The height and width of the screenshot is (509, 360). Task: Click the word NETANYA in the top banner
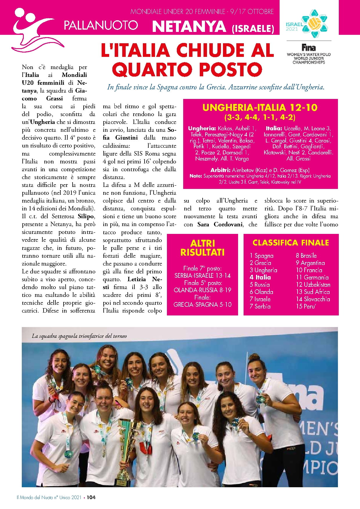tap(189, 27)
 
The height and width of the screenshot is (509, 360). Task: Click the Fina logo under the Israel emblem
tap(308, 47)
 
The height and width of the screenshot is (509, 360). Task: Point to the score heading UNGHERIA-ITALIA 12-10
tap(260, 108)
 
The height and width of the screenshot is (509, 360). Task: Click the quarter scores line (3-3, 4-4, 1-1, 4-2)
tap(260, 117)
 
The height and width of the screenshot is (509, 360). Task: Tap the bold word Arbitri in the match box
tap(220, 170)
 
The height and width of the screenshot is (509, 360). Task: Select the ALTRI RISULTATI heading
tap(202, 248)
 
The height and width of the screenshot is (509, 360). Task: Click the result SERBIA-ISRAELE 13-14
tap(202, 275)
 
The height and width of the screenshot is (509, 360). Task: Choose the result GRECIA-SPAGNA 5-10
tap(202, 304)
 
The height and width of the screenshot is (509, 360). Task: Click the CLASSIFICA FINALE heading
tap(291, 243)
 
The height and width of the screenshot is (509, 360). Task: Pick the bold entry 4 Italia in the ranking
tap(260, 277)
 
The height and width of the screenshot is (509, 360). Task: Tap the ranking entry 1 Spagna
tap(261, 256)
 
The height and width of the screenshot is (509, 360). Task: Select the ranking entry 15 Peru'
tap(306, 306)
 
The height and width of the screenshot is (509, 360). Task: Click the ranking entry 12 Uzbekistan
tap(313, 284)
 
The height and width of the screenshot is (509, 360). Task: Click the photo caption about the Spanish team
tap(79, 336)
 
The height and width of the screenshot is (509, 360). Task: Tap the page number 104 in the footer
tap(91, 497)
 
